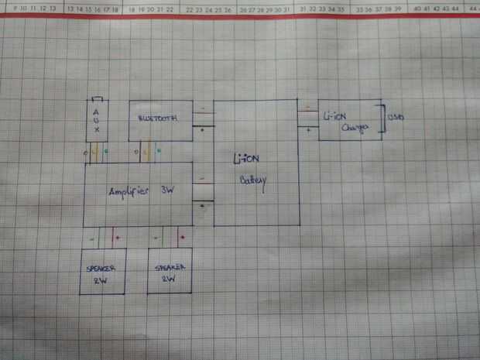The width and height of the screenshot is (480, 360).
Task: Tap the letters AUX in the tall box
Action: coord(97,120)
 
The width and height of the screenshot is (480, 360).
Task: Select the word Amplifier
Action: coord(131,190)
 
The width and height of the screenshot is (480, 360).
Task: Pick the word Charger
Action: coord(353,129)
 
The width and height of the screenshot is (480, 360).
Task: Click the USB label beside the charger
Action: coord(395,118)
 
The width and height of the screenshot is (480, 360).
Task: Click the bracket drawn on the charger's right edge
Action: coord(382,118)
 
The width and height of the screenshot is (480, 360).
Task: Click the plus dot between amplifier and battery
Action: coord(203,205)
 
